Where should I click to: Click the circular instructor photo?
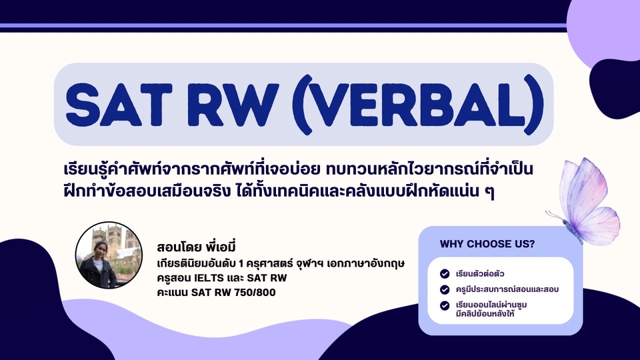pyautogui.click(x=109, y=255)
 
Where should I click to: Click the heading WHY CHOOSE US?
pyautogui.click(x=487, y=244)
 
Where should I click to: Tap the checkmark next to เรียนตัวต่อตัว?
pyautogui.click(x=445, y=273)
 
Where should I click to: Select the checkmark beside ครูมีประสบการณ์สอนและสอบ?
pyautogui.click(x=445, y=289)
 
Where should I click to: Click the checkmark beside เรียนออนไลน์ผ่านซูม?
pyautogui.click(x=445, y=305)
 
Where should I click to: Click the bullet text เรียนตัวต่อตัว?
pyautogui.click(x=480, y=274)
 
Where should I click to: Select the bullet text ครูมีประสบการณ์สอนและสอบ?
pyautogui.click(x=507, y=289)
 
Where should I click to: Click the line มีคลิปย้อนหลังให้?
pyautogui.click(x=485, y=314)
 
